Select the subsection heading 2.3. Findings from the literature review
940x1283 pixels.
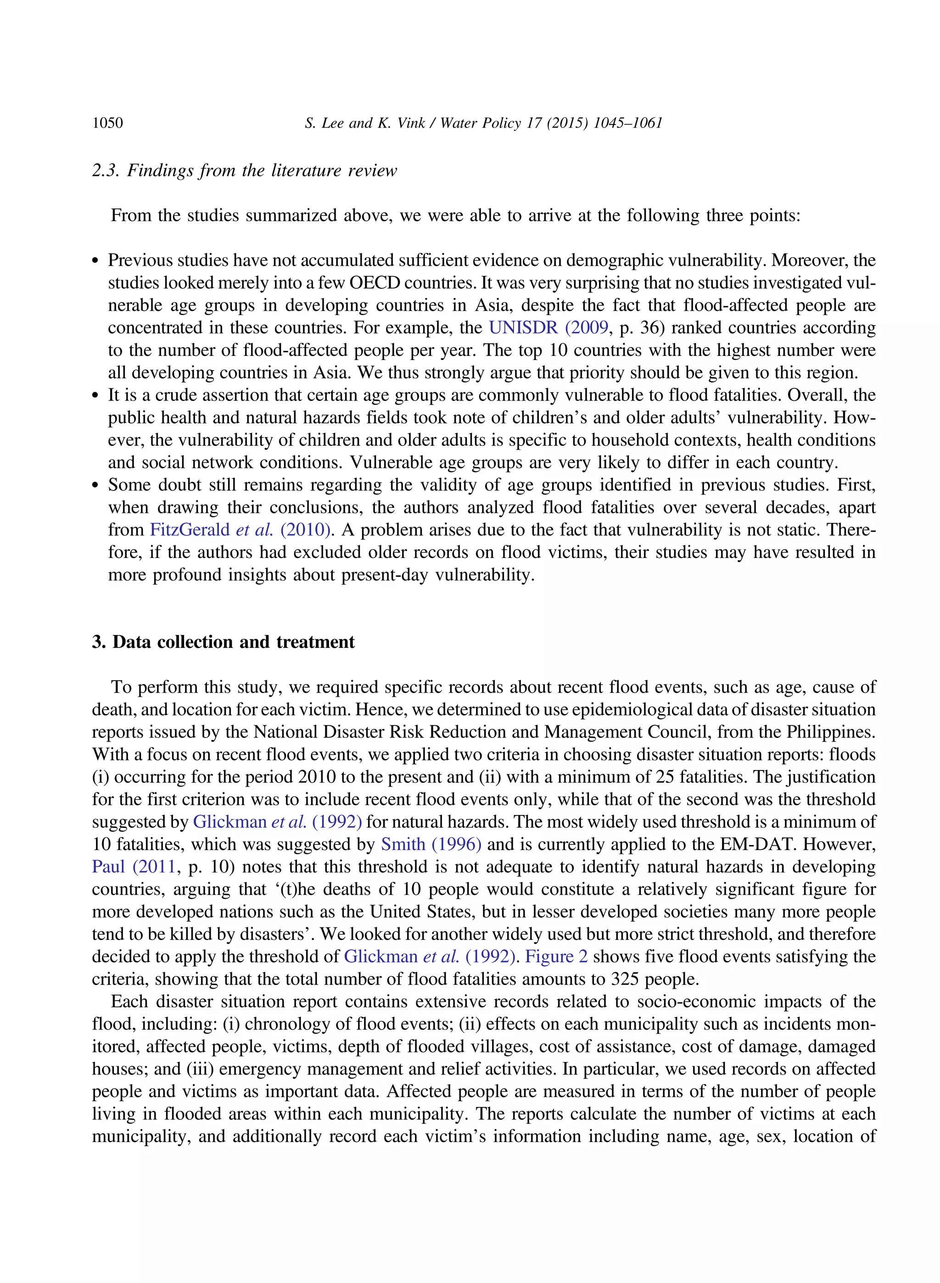[244, 170]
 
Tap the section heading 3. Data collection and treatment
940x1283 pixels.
[223, 641]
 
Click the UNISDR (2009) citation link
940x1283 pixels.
[548, 328]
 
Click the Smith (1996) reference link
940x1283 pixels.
[431, 844]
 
